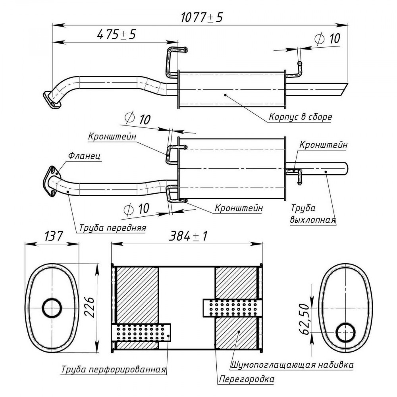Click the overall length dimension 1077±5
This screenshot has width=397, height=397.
(x=202, y=17)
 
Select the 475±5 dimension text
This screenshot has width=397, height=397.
(x=116, y=35)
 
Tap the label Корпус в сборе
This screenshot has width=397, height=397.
(x=300, y=117)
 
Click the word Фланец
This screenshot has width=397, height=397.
(x=84, y=156)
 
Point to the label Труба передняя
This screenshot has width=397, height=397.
(x=113, y=227)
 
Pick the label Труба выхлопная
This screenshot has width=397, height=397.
(x=313, y=214)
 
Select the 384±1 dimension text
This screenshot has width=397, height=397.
(x=188, y=236)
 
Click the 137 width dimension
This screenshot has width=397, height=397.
(x=54, y=236)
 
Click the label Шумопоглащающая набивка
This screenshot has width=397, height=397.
(x=292, y=365)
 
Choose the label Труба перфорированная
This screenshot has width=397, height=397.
(x=114, y=369)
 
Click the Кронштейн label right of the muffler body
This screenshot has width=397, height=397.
(x=323, y=145)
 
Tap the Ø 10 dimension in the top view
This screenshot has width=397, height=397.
(x=327, y=39)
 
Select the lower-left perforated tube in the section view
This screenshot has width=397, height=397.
(x=141, y=332)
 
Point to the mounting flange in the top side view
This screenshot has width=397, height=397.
(x=52, y=101)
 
